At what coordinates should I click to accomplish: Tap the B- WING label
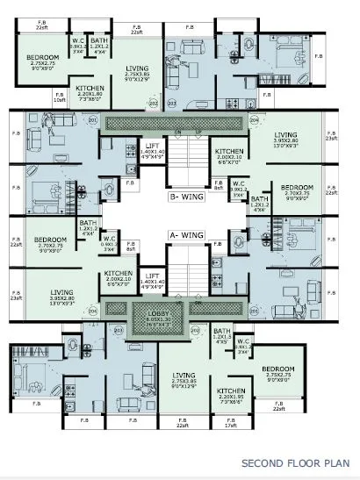coord(188,197)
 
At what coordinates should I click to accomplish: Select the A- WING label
coord(188,235)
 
